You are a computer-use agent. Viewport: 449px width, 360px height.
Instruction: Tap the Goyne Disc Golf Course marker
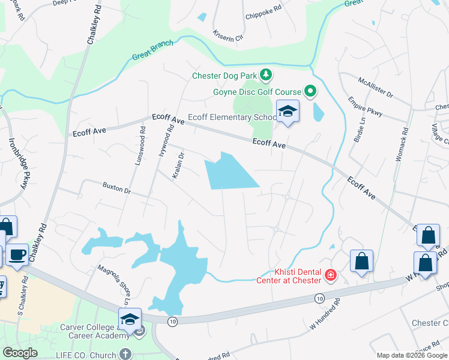pyautogui.click(x=310, y=92)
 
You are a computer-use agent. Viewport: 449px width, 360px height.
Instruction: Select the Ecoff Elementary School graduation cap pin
pyautogui.click(x=288, y=111)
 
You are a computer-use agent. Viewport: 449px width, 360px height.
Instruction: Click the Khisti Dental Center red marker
pyautogui.click(x=330, y=275)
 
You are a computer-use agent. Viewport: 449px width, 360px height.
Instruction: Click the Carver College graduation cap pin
pyautogui.click(x=130, y=319)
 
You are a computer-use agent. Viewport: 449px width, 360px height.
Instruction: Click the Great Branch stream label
pyautogui.click(x=153, y=51)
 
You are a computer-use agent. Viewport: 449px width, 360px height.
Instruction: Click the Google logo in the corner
pyautogui.click(x=20, y=353)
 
